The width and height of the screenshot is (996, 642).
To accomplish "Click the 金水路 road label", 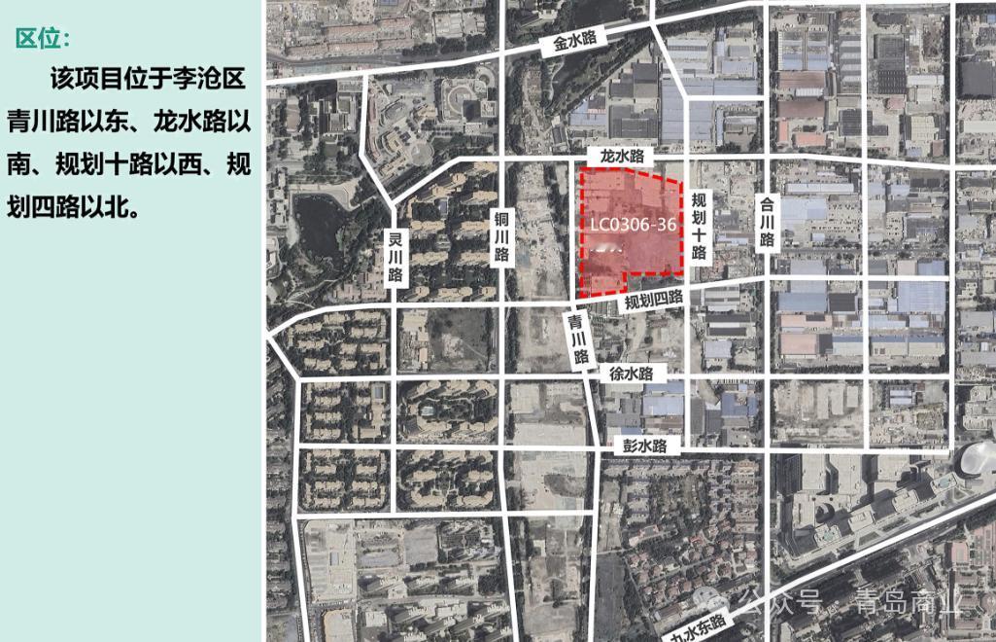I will pos(575,40).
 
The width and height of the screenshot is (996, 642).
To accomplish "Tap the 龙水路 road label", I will pos(622,156).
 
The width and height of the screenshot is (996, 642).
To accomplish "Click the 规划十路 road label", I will pos(698,225).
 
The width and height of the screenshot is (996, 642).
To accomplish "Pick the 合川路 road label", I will pos(766,223).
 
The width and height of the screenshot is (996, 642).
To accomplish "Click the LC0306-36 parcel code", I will pos(633,224).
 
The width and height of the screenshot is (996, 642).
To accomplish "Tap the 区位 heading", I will pos(44,38).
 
